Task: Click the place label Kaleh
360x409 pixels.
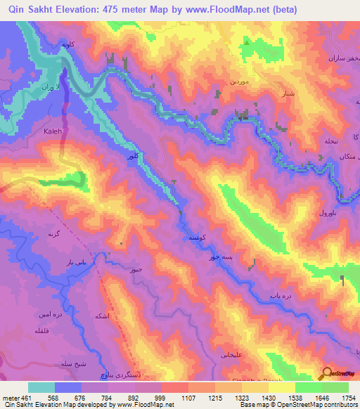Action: click(x=53, y=131)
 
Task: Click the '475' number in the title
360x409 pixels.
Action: click(x=116, y=10)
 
